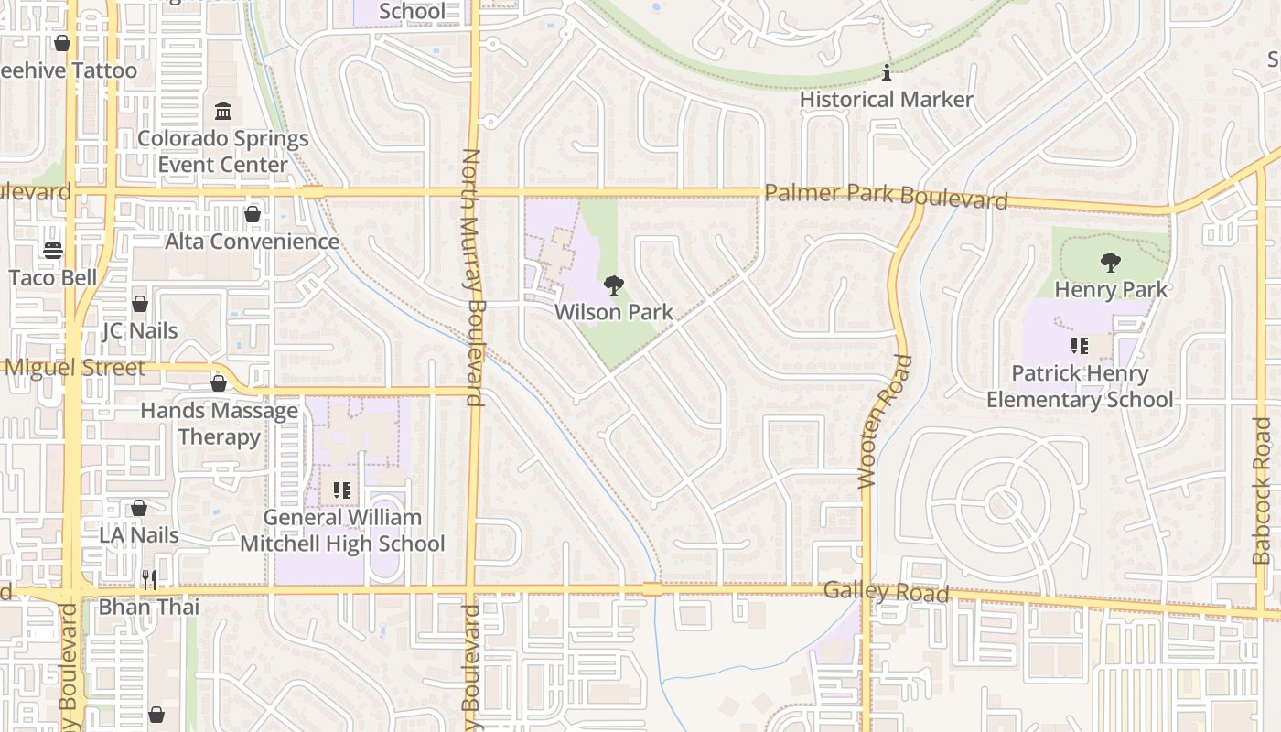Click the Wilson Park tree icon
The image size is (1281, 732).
point(614,285)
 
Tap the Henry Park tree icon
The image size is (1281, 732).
point(1111,263)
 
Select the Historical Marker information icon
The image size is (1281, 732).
point(886,72)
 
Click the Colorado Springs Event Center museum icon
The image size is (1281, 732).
point(223,112)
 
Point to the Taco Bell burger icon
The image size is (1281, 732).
point(53,251)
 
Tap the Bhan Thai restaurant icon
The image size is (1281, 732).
point(149,579)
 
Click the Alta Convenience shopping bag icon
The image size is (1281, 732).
point(252,214)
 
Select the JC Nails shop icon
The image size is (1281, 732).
point(140,303)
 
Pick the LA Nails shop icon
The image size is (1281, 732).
point(139,507)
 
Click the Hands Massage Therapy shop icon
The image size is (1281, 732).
point(219,383)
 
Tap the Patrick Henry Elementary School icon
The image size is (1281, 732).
point(1080,346)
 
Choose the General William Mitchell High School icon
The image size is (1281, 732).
point(342,490)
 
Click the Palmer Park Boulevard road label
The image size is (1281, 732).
point(886,196)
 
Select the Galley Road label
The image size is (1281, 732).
point(886,591)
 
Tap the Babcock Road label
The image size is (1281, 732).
point(1262,504)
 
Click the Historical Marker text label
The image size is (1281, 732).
point(886,99)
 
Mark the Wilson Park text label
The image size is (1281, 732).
point(614,312)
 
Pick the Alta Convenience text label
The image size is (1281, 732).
point(252,242)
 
